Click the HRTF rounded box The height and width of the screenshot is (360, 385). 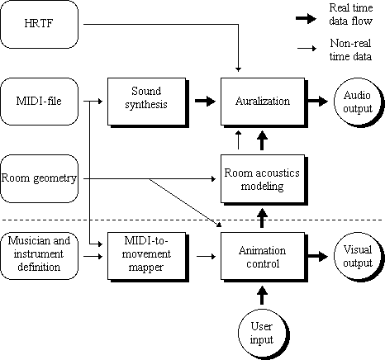pyautogui.click(x=39, y=24)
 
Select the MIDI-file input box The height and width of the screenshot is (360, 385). pyautogui.click(x=39, y=102)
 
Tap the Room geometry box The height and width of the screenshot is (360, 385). pyautogui.click(x=39, y=178)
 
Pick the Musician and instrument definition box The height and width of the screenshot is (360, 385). pyautogui.click(x=39, y=256)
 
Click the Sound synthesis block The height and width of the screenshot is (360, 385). pyautogui.click(x=146, y=102)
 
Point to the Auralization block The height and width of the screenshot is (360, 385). pyautogui.click(x=263, y=102)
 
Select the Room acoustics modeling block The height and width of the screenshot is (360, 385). pyautogui.click(x=263, y=179)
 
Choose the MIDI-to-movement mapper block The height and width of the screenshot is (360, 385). pyautogui.click(x=146, y=256)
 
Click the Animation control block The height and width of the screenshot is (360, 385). pyautogui.click(x=263, y=256)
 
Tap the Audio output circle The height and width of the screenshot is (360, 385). pyautogui.click(x=358, y=102)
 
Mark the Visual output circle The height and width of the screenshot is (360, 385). pyautogui.click(x=358, y=257)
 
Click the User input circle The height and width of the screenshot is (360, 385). pyautogui.click(x=262, y=334)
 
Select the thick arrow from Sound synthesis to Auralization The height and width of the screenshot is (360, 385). pyautogui.click(x=205, y=101)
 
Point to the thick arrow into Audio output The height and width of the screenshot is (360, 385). pyautogui.click(x=318, y=101)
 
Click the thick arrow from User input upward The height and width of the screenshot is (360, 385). pyautogui.click(x=262, y=296)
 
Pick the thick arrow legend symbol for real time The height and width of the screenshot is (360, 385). pyautogui.click(x=307, y=19)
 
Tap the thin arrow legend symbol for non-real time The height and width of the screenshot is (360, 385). pyautogui.click(x=307, y=49)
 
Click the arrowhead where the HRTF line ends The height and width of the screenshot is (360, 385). pyautogui.click(x=239, y=69)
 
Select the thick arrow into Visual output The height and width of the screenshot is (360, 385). pyautogui.click(x=318, y=256)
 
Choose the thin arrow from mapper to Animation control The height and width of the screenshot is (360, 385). pyautogui.click(x=207, y=257)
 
